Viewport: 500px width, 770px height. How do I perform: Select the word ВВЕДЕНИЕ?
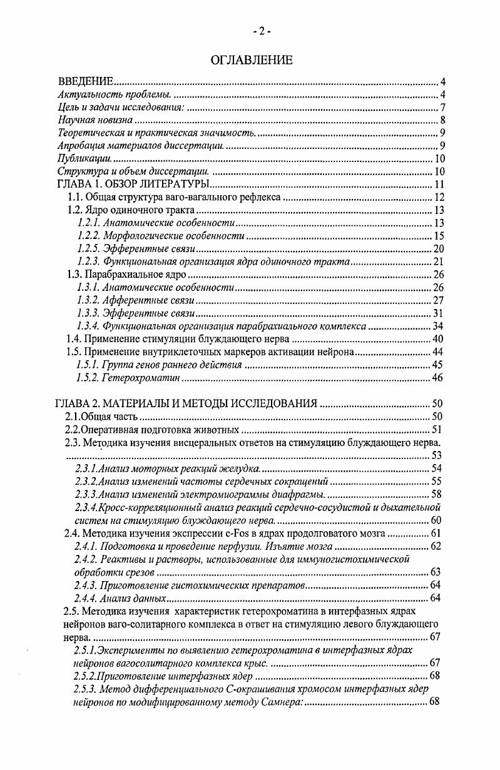[85, 82]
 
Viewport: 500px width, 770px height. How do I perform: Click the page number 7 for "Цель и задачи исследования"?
[442, 108]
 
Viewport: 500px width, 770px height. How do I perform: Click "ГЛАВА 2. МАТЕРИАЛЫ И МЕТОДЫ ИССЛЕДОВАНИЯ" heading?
[187, 403]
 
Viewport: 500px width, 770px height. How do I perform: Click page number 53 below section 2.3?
[437, 455]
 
